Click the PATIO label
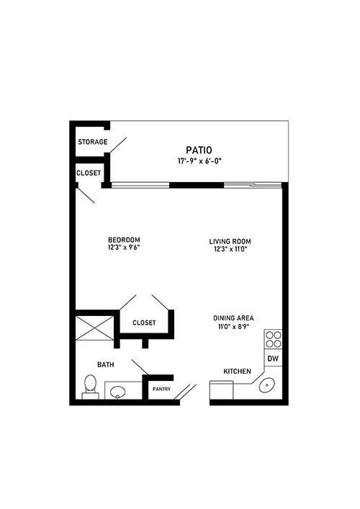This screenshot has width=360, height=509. click(x=199, y=150)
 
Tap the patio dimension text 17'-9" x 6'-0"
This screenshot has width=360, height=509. click(x=199, y=161)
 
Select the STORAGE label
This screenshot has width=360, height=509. click(x=92, y=142)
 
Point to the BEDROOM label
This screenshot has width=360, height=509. click(x=124, y=240)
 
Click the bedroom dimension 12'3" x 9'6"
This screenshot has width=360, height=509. click(x=124, y=248)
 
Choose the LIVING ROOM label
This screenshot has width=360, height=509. click(x=230, y=241)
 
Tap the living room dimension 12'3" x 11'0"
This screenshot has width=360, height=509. click(x=230, y=249)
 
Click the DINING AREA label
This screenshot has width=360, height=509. click(x=233, y=318)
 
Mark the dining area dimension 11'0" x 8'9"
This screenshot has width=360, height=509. click(x=233, y=326)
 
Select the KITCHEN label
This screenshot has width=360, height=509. click(x=237, y=371)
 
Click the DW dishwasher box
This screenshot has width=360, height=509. click(x=273, y=358)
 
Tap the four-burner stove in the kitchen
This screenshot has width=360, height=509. click(x=273, y=339)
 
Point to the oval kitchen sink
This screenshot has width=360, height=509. click(x=267, y=385)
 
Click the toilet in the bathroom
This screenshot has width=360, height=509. click(x=90, y=387)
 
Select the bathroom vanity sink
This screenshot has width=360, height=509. click(x=117, y=392)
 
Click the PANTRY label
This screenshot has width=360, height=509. click(x=161, y=389)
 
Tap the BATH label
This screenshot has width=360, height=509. click(x=106, y=364)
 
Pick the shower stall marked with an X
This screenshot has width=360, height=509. click(x=94, y=328)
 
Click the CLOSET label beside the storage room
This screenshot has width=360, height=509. click(x=89, y=173)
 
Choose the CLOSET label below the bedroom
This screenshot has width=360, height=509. click(x=144, y=323)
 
